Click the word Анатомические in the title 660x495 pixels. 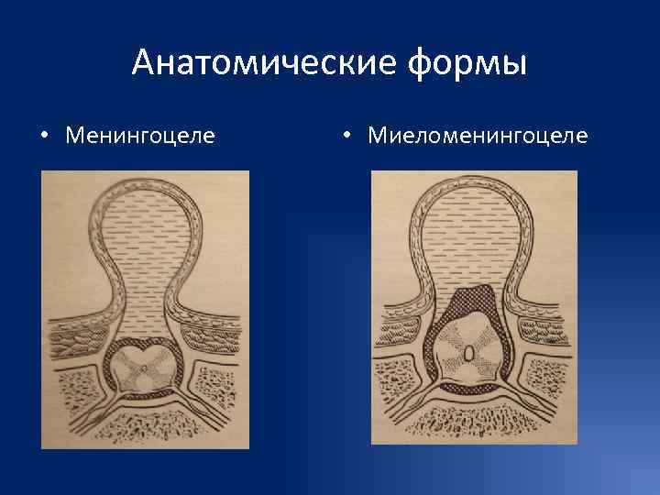click(x=247, y=63)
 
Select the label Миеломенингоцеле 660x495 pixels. click(x=477, y=137)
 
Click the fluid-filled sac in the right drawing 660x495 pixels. click(x=473, y=247)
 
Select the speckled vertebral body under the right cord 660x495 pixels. click(x=473, y=423)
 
